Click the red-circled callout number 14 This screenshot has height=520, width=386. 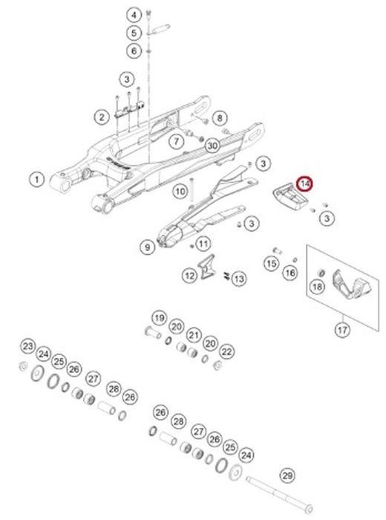[x=304, y=183]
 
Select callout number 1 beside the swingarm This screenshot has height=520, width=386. [x=37, y=180]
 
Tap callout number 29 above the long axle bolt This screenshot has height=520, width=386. [x=287, y=475]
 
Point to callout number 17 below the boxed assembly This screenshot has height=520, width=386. [x=342, y=330]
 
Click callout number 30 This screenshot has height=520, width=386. [x=212, y=146]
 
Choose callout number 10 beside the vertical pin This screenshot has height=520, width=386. [x=180, y=192]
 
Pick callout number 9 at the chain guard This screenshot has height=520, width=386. [x=148, y=247]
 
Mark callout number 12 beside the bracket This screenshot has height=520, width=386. [x=190, y=276]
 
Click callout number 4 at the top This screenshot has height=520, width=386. [x=134, y=15]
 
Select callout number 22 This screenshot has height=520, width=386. [x=226, y=351]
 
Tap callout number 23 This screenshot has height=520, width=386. [x=27, y=347]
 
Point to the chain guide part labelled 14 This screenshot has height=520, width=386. [x=290, y=197]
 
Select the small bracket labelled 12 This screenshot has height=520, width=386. [x=206, y=266]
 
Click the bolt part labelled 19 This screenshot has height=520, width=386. [x=152, y=332]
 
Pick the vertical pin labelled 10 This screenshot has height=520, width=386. [x=192, y=190]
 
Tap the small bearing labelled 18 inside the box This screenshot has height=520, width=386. [x=321, y=273]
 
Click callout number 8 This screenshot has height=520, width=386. [x=220, y=118]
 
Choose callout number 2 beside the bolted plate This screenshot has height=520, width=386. [x=102, y=117]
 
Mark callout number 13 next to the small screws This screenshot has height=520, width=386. [x=239, y=279]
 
